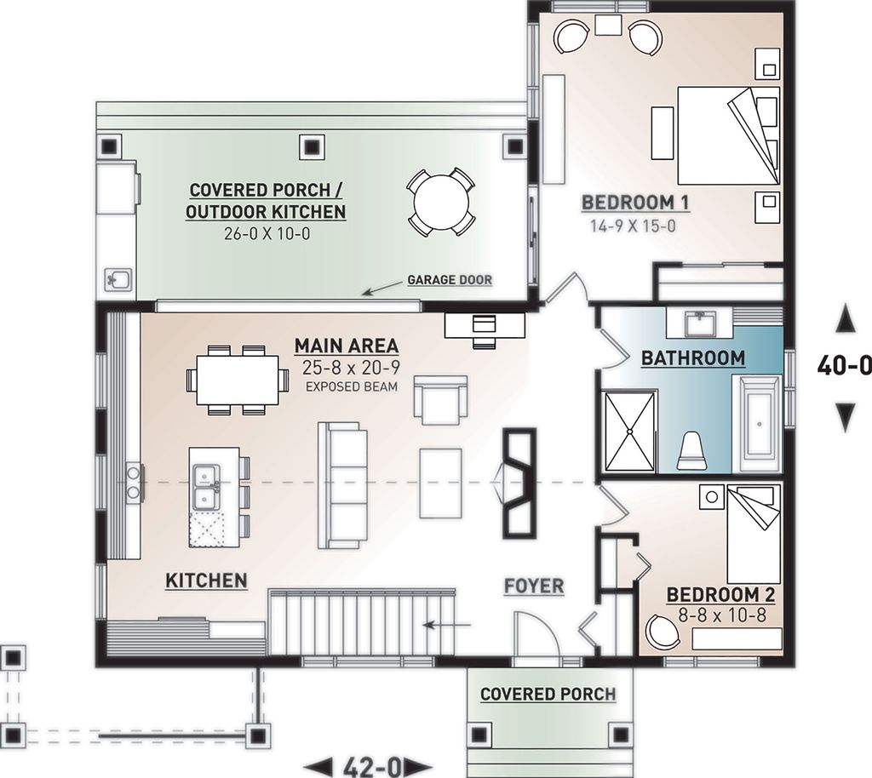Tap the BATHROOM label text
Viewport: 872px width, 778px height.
[692, 358]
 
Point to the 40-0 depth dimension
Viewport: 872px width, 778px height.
[844, 366]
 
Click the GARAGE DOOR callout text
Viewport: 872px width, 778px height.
[449, 279]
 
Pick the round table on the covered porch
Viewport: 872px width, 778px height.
[440, 202]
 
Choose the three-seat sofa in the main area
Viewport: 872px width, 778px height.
[341, 484]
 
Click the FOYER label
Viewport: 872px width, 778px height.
[533, 586]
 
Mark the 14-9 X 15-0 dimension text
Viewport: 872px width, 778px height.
[635, 226]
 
